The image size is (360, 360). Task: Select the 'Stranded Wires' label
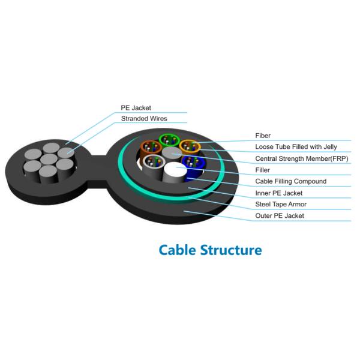click(x=144, y=119)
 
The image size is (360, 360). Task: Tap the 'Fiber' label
click(x=263, y=136)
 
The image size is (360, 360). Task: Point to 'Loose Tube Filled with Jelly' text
click(x=296, y=147)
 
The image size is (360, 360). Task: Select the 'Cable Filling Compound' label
click(x=291, y=181)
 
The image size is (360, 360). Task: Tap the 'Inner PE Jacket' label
click(x=279, y=193)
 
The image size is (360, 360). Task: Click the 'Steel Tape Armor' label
click(x=281, y=205)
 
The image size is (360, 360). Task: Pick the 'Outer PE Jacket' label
click(x=280, y=215)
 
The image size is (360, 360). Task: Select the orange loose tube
click(x=189, y=147)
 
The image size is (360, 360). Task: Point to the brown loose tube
click(x=149, y=148)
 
